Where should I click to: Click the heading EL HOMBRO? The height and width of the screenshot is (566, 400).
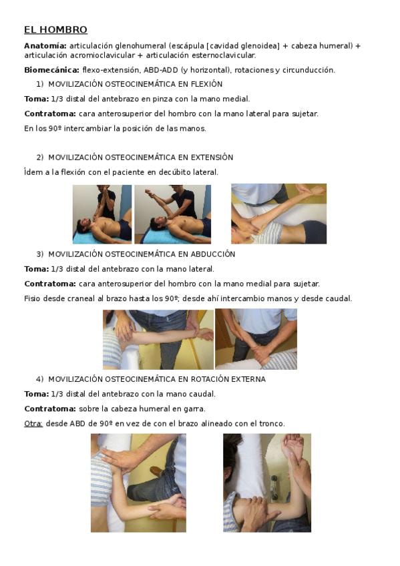[x=55, y=29]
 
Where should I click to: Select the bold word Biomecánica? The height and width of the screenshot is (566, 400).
[x=51, y=70]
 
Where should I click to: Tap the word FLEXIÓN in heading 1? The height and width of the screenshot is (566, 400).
[x=206, y=84]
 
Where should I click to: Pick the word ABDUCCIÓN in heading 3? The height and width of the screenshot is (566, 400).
[x=214, y=254]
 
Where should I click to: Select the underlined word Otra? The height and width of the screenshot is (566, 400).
[x=33, y=423]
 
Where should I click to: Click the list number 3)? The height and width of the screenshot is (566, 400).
[x=39, y=254]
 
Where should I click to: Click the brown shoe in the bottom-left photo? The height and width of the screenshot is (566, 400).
[x=156, y=471]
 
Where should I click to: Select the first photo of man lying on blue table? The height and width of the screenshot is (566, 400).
[x=102, y=214]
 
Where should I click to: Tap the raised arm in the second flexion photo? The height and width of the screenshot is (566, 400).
[x=156, y=196]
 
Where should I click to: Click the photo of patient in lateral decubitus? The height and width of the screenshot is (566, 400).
[x=278, y=214]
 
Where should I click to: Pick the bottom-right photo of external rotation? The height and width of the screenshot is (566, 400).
[x=267, y=483]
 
